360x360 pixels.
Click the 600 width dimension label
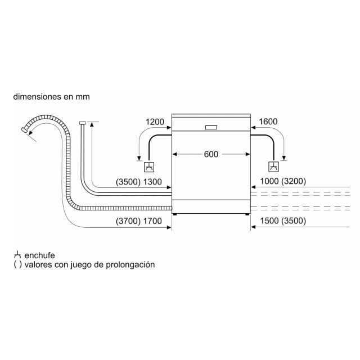tap(211, 154)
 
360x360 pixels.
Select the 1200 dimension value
tap(155, 121)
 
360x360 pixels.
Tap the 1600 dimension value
tap(268, 121)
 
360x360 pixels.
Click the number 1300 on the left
tap(152, 182)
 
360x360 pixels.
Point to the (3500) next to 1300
tap(128, 182)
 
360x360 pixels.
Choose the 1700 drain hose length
tap(152, 221)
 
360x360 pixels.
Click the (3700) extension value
tap(128, 221)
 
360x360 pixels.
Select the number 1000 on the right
tap(269, 181)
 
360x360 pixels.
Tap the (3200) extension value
tap(294, 181)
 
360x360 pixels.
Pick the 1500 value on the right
tap(269, 220)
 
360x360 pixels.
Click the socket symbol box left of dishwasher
tap(149, 166)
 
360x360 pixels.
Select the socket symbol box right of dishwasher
tap(274, 166)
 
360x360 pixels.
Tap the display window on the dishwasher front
tap(211, 127)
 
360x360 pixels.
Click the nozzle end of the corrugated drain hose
tap(24, 130)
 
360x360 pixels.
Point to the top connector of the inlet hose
tap(83, 123)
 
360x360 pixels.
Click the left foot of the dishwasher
tap(175, 214)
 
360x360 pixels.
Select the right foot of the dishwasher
tap(247, 214)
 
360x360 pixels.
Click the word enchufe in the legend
tap(39, 255)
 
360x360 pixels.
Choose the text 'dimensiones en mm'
tap(51, 97)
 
